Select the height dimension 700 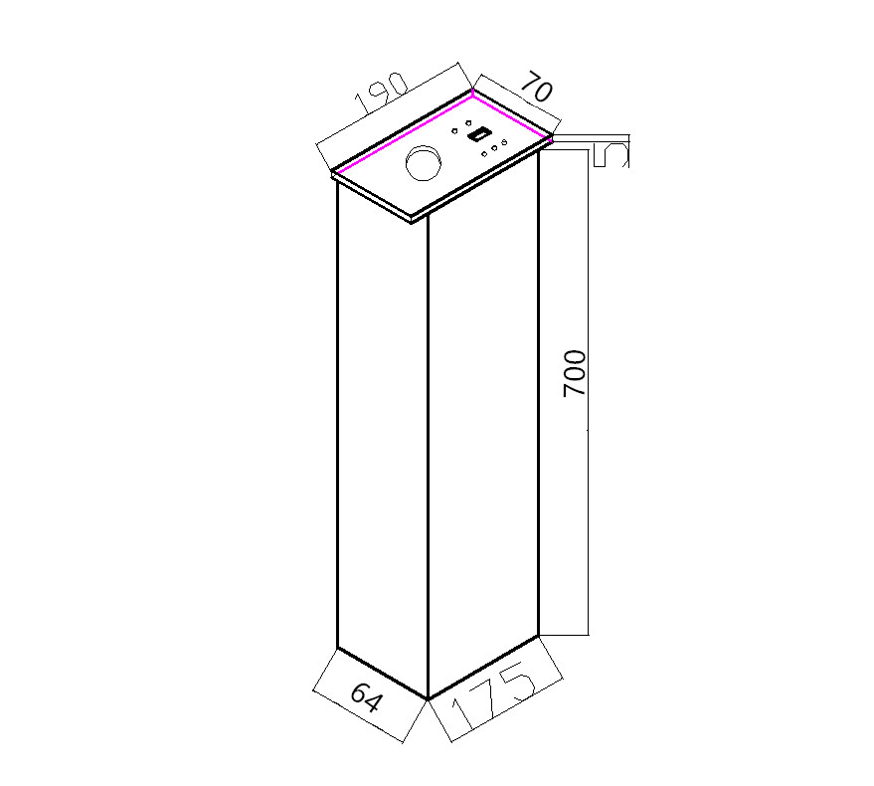point(575,373)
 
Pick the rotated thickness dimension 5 point(611,155)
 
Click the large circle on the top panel point(424,162)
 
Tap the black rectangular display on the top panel point(479,134)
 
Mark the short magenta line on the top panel point(512,116)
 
